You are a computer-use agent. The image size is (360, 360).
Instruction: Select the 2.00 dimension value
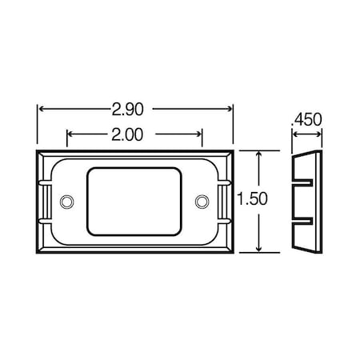pyautogui.click(x=134, y=134)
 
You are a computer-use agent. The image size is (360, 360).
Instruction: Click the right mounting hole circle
pyautogui.click(x=201, y=198)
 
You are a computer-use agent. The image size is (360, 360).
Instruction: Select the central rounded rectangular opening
pyautogui.click(x=134, y=200)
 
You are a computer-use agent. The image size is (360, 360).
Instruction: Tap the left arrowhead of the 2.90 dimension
pyautogui.click(x=41, y=106)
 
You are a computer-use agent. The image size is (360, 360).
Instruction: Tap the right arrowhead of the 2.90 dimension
pyautogui.click(x=229, y=106)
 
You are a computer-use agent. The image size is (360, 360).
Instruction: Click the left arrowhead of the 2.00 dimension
pyautogui.click(x=70, y=134)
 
